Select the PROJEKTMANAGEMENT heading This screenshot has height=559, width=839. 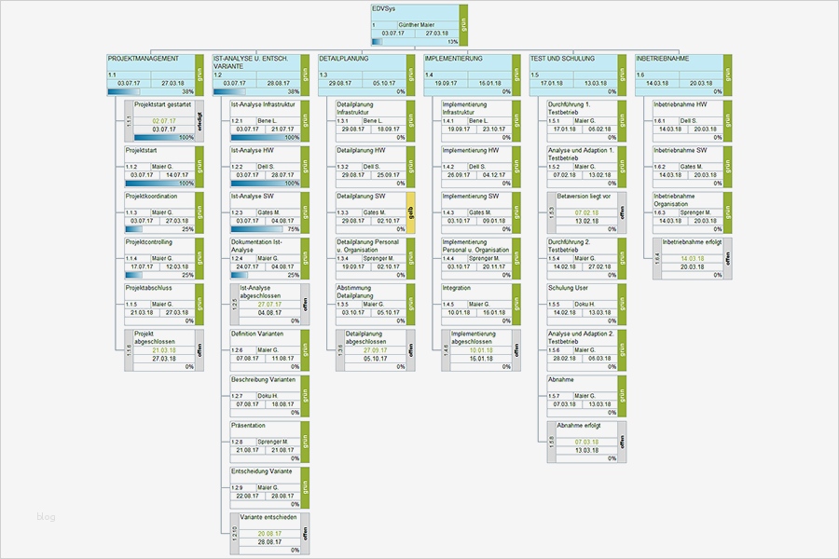[144, 59]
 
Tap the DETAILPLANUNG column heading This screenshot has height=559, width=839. [344, 59]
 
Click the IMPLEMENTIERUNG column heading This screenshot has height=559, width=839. [454, 59]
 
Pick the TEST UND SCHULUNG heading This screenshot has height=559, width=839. [562, 59]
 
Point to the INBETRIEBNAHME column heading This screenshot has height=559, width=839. [663, 59]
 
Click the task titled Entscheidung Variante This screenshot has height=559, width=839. [262, 471]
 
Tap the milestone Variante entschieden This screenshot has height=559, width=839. [270, 517]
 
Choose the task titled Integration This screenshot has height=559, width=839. [457, 289]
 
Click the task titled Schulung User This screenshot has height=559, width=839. [568, 289]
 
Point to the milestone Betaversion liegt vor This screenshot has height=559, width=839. [584, 198]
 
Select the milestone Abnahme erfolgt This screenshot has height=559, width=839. [581, 426]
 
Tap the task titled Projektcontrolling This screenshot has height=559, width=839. [149, 243]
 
